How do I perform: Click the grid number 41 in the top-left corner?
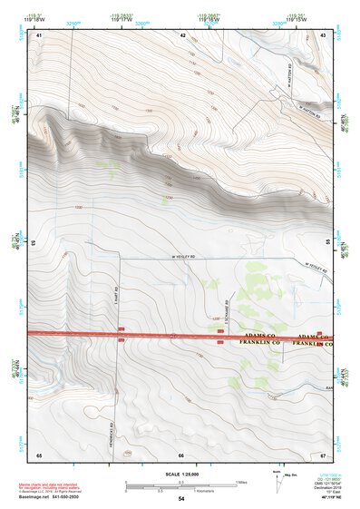[39, 34]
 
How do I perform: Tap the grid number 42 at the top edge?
[182, 34]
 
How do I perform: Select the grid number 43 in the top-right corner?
[324, 34]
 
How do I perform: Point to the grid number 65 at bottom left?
[39, 455]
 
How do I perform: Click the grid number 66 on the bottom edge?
[182, 455]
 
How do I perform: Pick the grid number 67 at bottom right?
[324, 455]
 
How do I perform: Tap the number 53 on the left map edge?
[34, 243]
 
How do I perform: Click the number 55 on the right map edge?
[328, 243]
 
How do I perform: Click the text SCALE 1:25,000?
[181, 474]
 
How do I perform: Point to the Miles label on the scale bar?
[241, 482]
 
